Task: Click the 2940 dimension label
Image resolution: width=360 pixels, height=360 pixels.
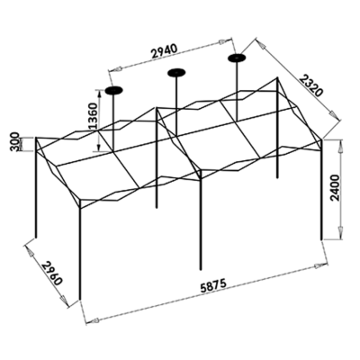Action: pos(165,51)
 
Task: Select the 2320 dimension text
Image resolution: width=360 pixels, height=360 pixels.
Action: pos(311,86)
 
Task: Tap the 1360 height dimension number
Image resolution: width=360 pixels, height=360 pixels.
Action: pos(93,116)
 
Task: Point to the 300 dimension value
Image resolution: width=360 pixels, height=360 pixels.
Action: pos(16,141)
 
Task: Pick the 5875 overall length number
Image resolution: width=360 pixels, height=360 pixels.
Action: pos(213,285)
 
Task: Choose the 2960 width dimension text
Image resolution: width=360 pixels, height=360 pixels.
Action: pos(51,273)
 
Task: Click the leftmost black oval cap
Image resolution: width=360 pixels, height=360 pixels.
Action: pos(113,90)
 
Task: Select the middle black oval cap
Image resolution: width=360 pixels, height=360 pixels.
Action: pos(176,72)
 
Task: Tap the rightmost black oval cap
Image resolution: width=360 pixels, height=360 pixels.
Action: pos(237,58)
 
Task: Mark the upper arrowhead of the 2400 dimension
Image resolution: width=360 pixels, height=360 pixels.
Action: pos(341,146)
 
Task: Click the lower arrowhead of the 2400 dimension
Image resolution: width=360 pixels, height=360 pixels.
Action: pos(341,233)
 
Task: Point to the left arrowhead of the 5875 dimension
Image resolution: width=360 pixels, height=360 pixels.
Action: pos(92,321)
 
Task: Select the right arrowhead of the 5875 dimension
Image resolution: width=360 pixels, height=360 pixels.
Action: pos(320,265)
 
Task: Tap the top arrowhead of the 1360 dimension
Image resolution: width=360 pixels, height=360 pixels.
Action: pos(99,93)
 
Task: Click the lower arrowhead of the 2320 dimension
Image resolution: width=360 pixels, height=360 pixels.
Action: pos(334,115)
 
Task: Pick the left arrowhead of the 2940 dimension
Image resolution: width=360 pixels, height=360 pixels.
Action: pos(115,69)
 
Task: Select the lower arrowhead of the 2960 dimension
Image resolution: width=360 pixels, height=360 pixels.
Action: pos(64,301)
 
